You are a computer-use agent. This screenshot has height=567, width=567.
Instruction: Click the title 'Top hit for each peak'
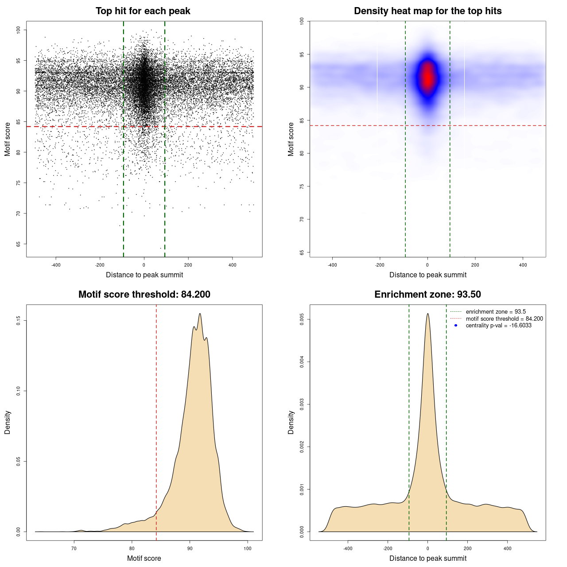pos(143,11)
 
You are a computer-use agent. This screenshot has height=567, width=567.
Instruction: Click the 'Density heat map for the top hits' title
pos(427,11)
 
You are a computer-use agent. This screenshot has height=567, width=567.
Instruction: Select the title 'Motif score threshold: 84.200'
pos(144,295)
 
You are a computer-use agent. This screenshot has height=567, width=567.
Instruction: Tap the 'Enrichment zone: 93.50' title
pos(427,295)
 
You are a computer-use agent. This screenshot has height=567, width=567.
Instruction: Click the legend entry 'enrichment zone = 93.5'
pos(496,312)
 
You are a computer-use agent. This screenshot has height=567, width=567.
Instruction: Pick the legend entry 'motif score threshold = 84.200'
pos(504,319)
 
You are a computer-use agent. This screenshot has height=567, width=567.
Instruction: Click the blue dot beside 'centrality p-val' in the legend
pos(456,326)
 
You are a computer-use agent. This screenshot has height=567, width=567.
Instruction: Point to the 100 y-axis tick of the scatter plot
pos(19,30)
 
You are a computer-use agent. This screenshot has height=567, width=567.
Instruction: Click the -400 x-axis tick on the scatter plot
pos(56,265)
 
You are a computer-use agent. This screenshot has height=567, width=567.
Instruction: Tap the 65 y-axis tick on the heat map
pos(302,252)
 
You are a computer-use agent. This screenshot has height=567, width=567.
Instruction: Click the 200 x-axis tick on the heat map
pos(475,265)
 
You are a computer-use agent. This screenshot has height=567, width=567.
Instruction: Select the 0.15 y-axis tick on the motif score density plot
pos(19,320)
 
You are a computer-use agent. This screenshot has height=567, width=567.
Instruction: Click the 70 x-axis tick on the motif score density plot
pos(74,548)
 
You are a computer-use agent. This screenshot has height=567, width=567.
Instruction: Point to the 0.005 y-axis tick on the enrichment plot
pos(302,319)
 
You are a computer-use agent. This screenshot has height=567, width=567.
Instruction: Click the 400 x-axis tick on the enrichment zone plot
pos(507,548)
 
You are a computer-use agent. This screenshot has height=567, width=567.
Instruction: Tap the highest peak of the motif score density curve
pos(200,314)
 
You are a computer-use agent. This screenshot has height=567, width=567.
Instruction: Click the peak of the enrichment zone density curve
pos(427,314)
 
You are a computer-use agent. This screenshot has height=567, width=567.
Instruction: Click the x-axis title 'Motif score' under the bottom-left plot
pos(144,558)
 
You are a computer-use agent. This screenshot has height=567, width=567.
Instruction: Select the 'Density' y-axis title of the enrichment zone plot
pos(291,422)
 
